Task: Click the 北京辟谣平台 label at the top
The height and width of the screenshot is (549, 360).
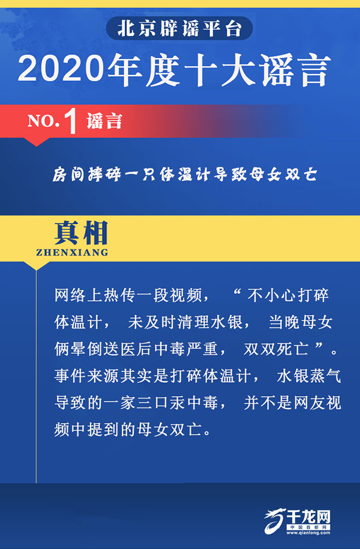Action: tap(179, 29)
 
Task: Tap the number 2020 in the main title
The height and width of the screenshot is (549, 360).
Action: tap(62, 69)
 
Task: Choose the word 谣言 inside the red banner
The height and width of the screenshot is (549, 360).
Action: tap(104, 121)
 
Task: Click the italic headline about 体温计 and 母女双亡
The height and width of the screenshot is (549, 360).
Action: tap(185, 175)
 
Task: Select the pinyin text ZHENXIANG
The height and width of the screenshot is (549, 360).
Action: tap(72, 253)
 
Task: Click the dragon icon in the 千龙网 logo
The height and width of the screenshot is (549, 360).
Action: tap(275, 521)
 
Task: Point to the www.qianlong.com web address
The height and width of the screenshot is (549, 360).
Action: tap(308, 533)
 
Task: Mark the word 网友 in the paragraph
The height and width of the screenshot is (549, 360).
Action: tap(308, 403)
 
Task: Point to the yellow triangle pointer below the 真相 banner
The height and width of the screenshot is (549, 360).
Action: tap(36, 266)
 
